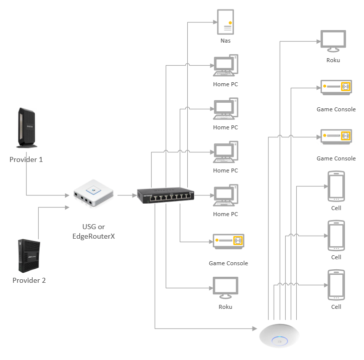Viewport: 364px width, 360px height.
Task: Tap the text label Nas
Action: pos(225,41)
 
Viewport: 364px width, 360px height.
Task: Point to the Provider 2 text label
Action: pos(29,280)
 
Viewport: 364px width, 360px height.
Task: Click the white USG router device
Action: pos(94,194)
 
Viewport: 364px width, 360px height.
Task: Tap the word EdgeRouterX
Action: pos(94,236)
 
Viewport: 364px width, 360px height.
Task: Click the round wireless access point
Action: pos(281,335)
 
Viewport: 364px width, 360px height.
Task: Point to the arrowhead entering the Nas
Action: pos(212,22)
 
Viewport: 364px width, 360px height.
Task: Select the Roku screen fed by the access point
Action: pos(333,41)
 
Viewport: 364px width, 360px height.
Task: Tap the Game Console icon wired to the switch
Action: pos(228,242)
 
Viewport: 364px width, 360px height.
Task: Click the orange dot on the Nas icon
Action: pos(230,23)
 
